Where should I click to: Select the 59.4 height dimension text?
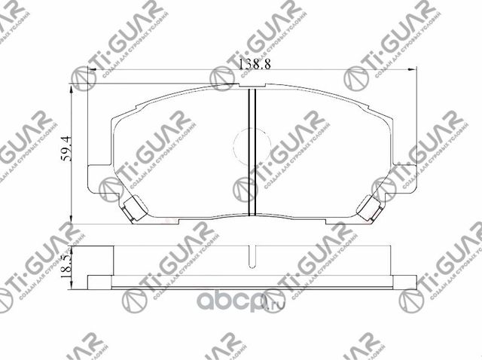tap(66, 148)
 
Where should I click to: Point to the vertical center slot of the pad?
tap(253, 151)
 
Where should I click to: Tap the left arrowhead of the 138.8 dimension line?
tap(93, 71)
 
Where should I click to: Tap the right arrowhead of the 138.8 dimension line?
tap(413, 71)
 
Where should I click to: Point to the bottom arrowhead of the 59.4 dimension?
tap(70, 220)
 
